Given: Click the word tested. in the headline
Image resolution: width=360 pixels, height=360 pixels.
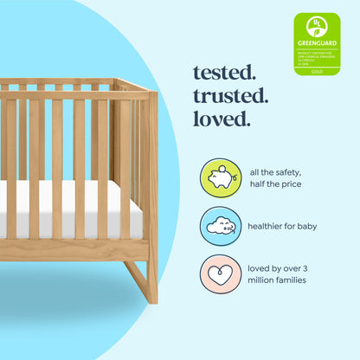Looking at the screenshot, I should coord(224,73).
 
